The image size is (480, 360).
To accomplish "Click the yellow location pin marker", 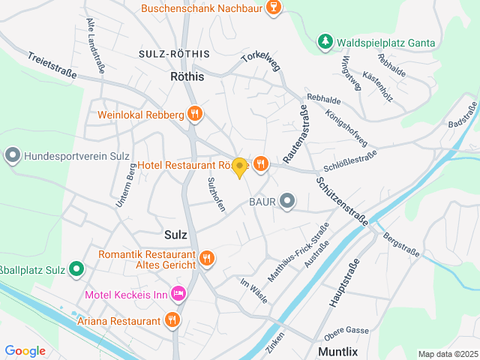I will (239, 168).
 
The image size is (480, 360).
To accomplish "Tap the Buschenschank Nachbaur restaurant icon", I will (274, 9).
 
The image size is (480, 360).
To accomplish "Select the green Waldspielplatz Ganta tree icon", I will (324, 42).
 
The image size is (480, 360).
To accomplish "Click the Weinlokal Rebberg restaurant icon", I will (195, 114).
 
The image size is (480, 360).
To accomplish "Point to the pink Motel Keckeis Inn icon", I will (178, 294).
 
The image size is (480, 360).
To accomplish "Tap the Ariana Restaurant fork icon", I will (173, 320).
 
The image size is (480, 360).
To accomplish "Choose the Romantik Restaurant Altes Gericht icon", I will (207, 259).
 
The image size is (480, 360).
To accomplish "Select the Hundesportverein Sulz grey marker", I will (12, 157).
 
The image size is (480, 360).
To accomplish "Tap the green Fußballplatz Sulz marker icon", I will (76, 269).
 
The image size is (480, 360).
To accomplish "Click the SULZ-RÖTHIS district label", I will (174, 55).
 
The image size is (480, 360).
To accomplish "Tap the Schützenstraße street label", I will (342, 200).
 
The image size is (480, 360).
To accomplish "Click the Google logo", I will (25, 350).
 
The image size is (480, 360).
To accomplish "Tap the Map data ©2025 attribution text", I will (447, 354).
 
